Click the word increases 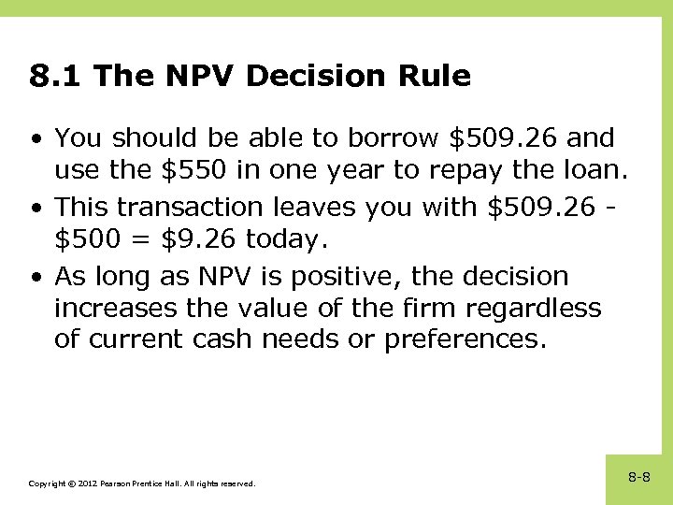[x=115, y=308]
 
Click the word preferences [x=464, y=339]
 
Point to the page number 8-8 [x=639, y=478]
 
